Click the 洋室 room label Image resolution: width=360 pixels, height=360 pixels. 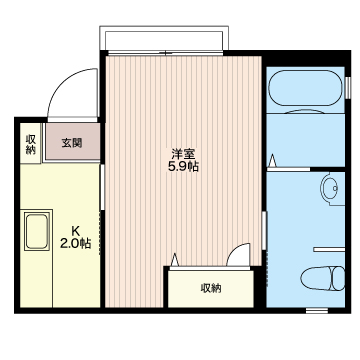(x=182, y=153)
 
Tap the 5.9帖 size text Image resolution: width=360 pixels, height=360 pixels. (x=182, y=167)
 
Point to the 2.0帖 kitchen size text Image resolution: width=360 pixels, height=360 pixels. (x=75, y=241)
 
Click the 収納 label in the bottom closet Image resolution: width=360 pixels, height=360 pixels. (x=210, y=288)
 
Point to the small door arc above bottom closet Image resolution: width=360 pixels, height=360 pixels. (x=237, y=257)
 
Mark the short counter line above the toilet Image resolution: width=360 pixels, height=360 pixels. (x=329, y=246)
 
